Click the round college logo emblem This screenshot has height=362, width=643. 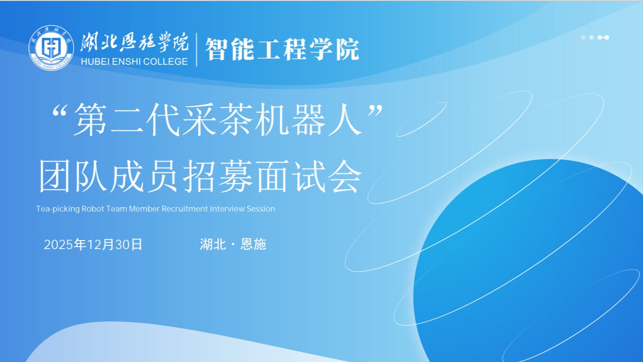[x=51, y=48]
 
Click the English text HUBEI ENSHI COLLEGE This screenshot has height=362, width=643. [x=134, y=61]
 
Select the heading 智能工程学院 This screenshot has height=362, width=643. [x=282, y=49]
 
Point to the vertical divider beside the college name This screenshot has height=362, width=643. [x=197, y=49]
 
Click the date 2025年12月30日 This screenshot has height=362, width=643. [x=93, y=244]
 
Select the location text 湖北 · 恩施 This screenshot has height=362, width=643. [x=233, y=244]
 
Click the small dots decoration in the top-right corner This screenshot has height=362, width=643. [x=595, y=37]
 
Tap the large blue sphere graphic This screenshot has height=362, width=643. [x=529, y=265]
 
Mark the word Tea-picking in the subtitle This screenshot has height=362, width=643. [x=57, y=208]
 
